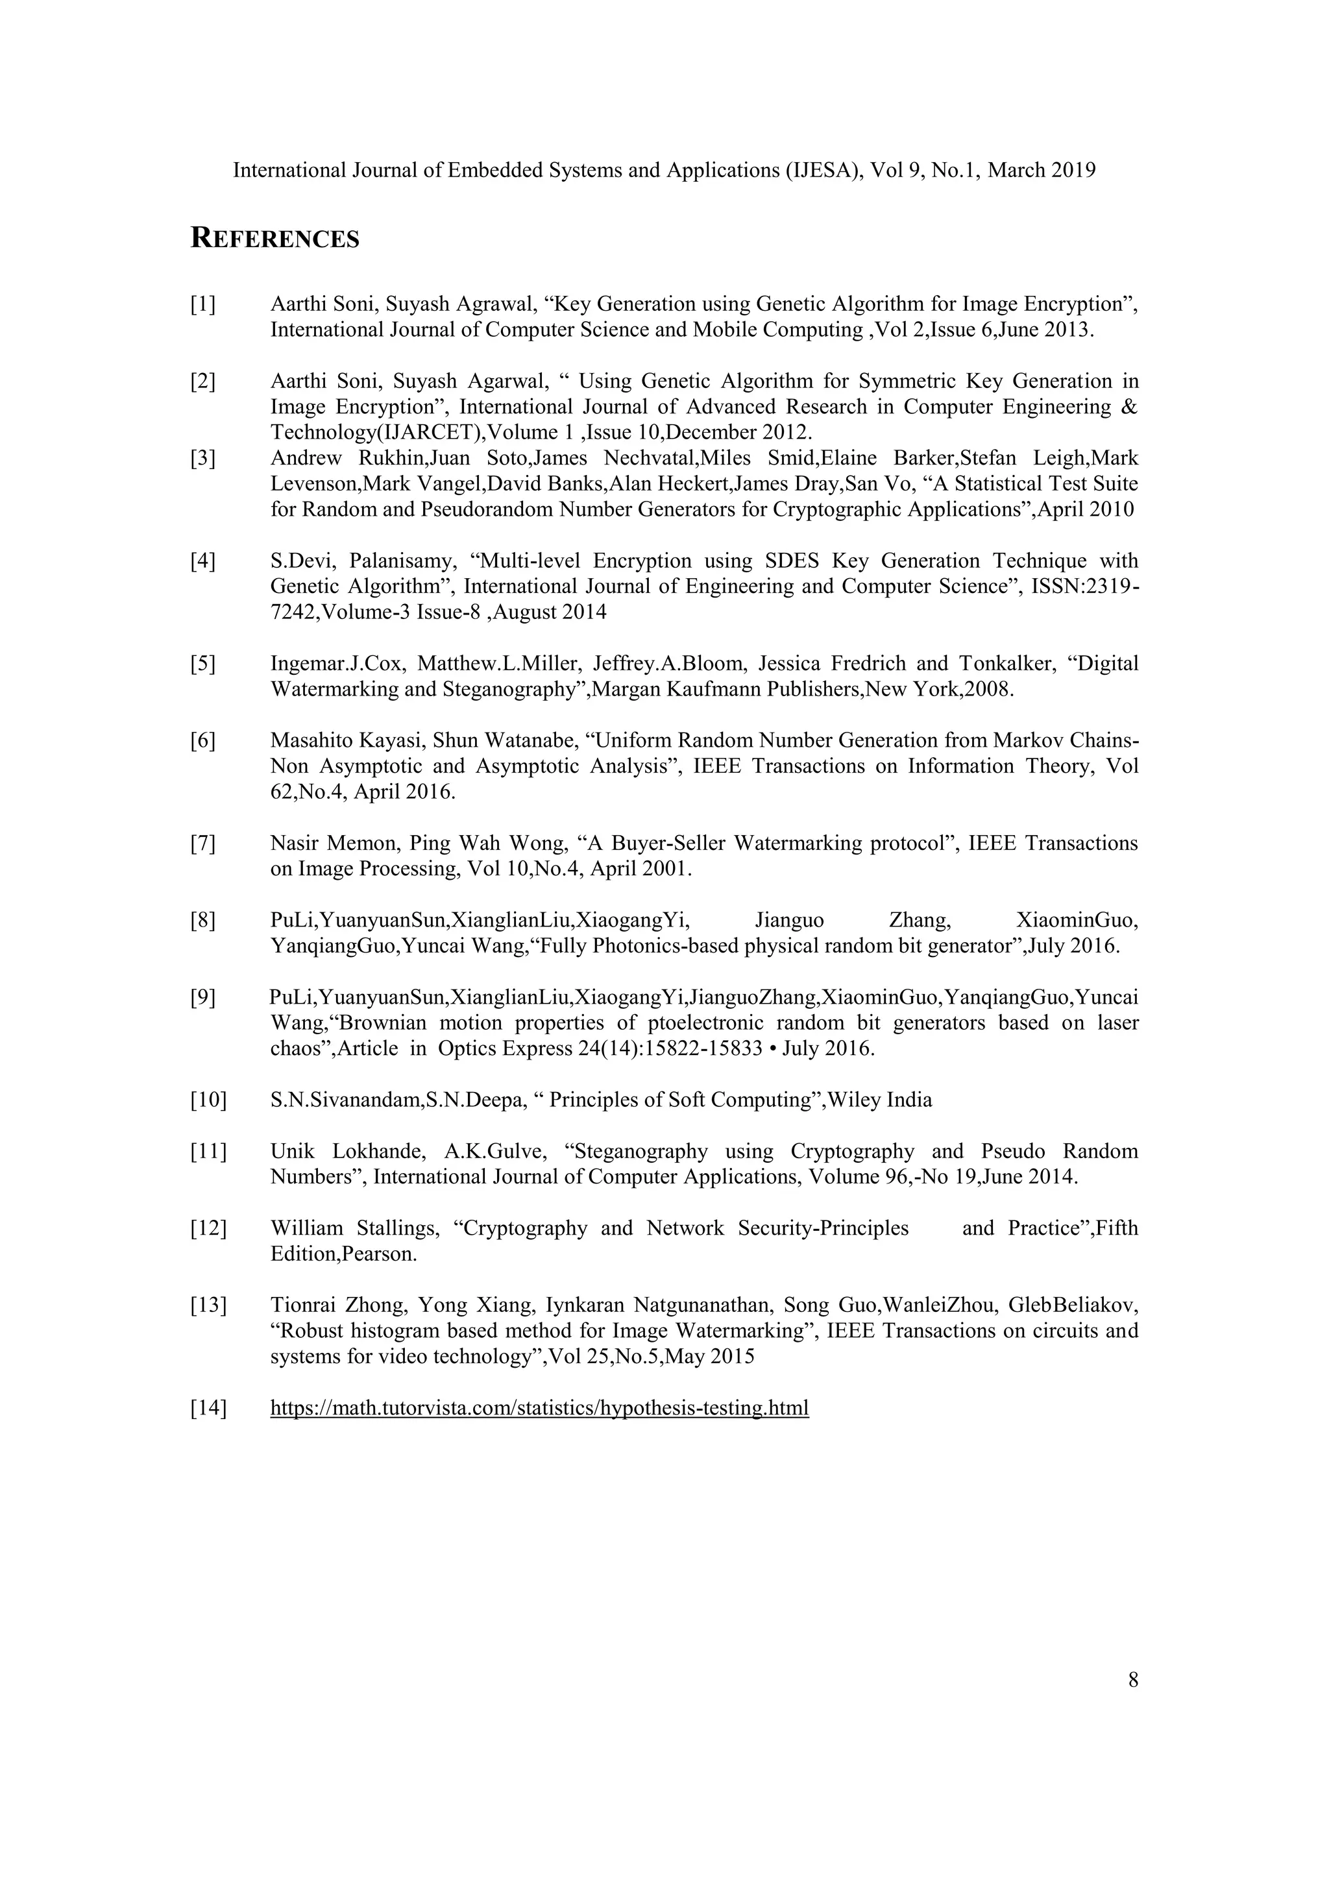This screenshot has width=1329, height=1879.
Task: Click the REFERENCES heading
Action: coord(275,239)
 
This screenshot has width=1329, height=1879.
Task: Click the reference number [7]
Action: coord(203,843)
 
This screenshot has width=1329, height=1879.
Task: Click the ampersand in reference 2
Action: coord(1129,407)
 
